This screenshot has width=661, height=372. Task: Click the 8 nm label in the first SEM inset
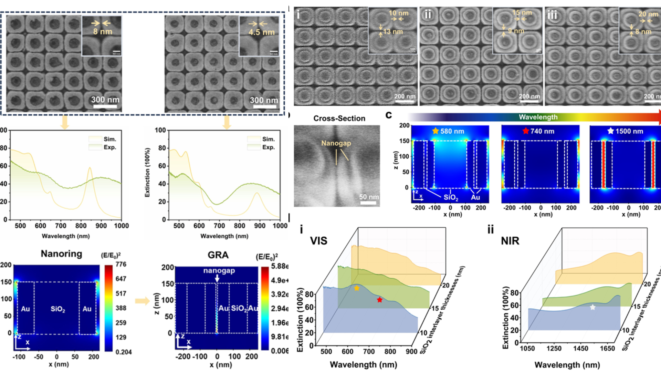coord(103,32)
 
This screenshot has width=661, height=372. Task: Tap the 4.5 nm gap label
coord(262,32)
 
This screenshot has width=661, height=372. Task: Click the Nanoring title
coord(62,254)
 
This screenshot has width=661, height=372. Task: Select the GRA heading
coord(218,255)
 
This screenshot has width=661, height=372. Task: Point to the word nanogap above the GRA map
coord(219,271)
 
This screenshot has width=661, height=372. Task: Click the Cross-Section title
coord(339,118)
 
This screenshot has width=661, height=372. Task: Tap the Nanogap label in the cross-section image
coord(336,143)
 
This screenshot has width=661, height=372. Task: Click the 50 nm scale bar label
coord(369,197)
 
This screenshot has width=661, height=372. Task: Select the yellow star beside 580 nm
coord(436,131)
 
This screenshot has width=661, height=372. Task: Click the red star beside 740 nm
coord(525,131)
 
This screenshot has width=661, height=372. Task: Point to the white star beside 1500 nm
coord(610,131)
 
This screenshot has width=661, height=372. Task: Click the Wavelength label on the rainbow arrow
coord(538,117)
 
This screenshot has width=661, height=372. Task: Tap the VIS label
coord(318,241)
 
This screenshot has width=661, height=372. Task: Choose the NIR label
coord(510,241)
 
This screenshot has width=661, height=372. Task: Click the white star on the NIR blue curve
coord(592,307)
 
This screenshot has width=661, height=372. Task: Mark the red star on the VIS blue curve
coord(379,300)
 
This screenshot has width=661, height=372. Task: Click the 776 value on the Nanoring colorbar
coord(121,264)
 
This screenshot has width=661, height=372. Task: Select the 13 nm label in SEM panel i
coord(393,32)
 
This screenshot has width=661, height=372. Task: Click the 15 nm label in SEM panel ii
coord(522,13)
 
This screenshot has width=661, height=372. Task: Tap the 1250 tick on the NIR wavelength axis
coord(554,349)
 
